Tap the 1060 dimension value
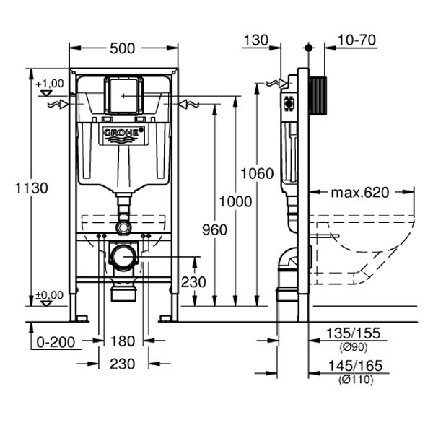[258, 173]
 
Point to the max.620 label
[360, 193]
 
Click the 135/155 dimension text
[354, 333]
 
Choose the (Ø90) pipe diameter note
[354, 346]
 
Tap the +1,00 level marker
[48, 84]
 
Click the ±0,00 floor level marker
[48, 294]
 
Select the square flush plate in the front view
[123, 92]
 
